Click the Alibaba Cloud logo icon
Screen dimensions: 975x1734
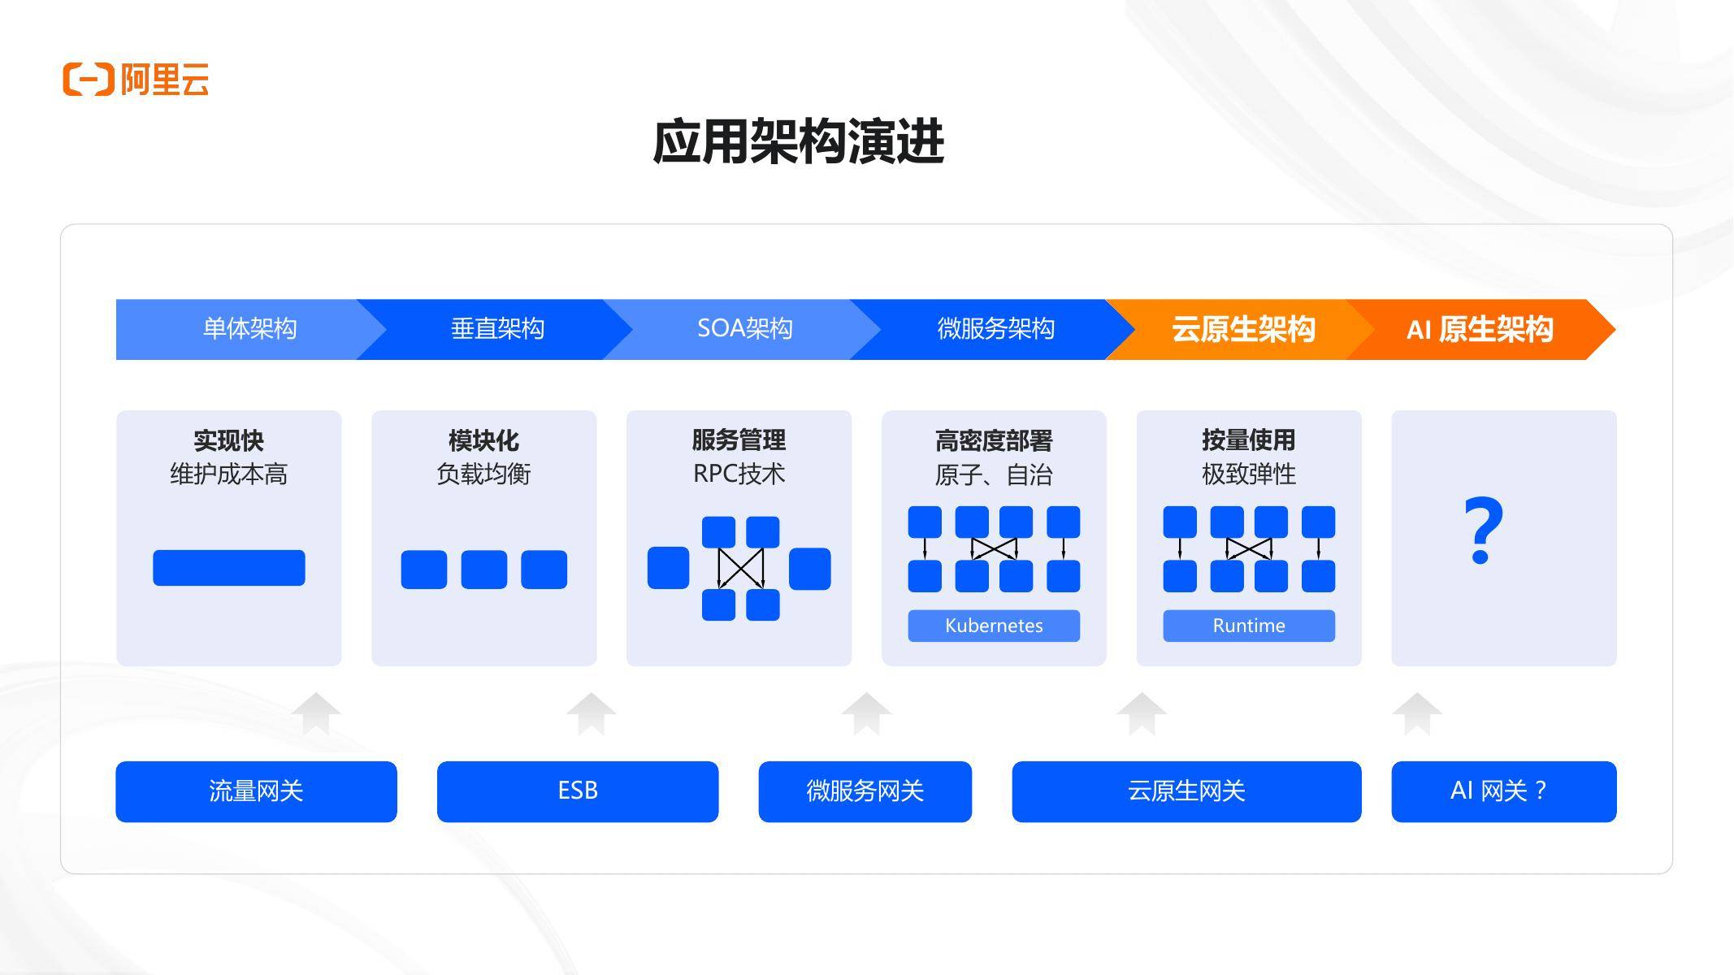(x=88, y=79)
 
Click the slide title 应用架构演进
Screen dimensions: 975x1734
(x=798, y=142)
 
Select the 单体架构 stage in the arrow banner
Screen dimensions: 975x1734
(x=249, y=329)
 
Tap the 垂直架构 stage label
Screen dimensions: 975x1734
(x=497, y=329)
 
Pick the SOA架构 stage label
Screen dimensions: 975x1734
(x=744, y=329)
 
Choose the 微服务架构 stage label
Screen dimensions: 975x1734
(x=995, y=329)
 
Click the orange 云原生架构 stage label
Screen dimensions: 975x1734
(x=1242, y=329)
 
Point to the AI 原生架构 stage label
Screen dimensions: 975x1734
(x=1479, y=329)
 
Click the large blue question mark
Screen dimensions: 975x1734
(x=1483, y=531)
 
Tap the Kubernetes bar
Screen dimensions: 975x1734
(x=994, y=626)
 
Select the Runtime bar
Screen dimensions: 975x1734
(x=1248, y=626)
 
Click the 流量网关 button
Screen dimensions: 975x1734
(x=256, y=791)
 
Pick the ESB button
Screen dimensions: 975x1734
(x=578, y=791)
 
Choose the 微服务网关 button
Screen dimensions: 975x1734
(x=865, y=791)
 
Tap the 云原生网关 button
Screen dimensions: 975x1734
(x=1186, y=791)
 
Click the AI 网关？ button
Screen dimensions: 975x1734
(x=1503, y=791)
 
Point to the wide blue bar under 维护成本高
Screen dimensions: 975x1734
(x=229, y=568)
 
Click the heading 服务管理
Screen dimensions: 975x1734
(x=739, y=440)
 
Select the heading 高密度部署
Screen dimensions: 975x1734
(x=994, y=441)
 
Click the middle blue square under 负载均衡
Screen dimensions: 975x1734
(x=484, y=570)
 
